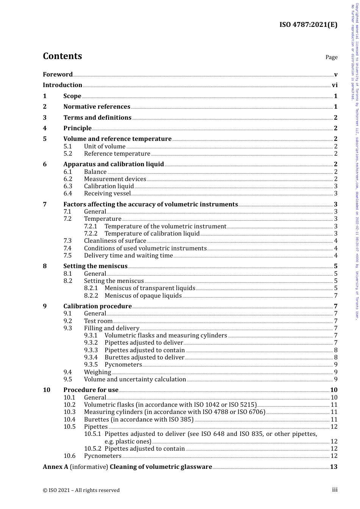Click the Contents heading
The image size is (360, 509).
[62, 56]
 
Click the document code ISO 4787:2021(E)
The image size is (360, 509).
[308, 25]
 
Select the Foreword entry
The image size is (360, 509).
[58, 75]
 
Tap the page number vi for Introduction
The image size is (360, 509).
[335, 85]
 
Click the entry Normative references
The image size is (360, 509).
[97, 107]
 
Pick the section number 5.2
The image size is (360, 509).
[67, 154]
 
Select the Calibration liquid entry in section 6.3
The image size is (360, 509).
[109, 186]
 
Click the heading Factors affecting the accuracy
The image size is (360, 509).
[150, 205]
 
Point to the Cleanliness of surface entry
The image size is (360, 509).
[115, 241]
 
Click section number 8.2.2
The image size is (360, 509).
[91, 296]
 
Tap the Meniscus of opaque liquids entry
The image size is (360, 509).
[143, 296]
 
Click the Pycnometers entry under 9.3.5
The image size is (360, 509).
[123, 365]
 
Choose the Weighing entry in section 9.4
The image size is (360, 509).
[97, 372]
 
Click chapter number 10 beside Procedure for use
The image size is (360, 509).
[47, 390]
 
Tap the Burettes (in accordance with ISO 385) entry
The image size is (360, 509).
[139, 420]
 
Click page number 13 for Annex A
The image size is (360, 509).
[333, 467]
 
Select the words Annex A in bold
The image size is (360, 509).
[55, 467]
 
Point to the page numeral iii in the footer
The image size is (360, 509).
[335, 490]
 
